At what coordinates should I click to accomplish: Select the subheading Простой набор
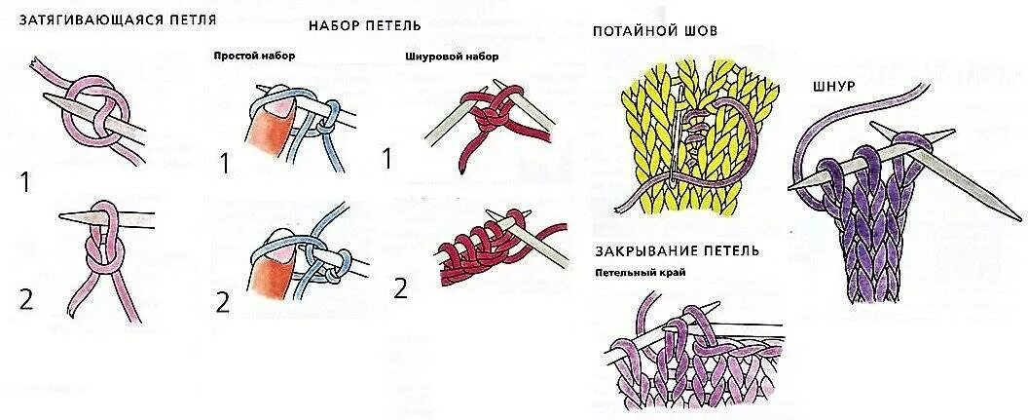pos(254,56)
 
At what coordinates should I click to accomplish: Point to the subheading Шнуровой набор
pos(451,57)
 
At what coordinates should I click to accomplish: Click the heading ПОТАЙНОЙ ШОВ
pos(654,31)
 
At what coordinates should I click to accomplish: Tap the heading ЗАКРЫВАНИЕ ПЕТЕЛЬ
pos(677,250)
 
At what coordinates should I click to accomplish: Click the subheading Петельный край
pos(641,273)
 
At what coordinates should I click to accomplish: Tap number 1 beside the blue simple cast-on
pos(224,164)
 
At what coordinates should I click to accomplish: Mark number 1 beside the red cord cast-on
pos(387,158)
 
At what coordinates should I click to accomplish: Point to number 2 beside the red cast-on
pos(400,287)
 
